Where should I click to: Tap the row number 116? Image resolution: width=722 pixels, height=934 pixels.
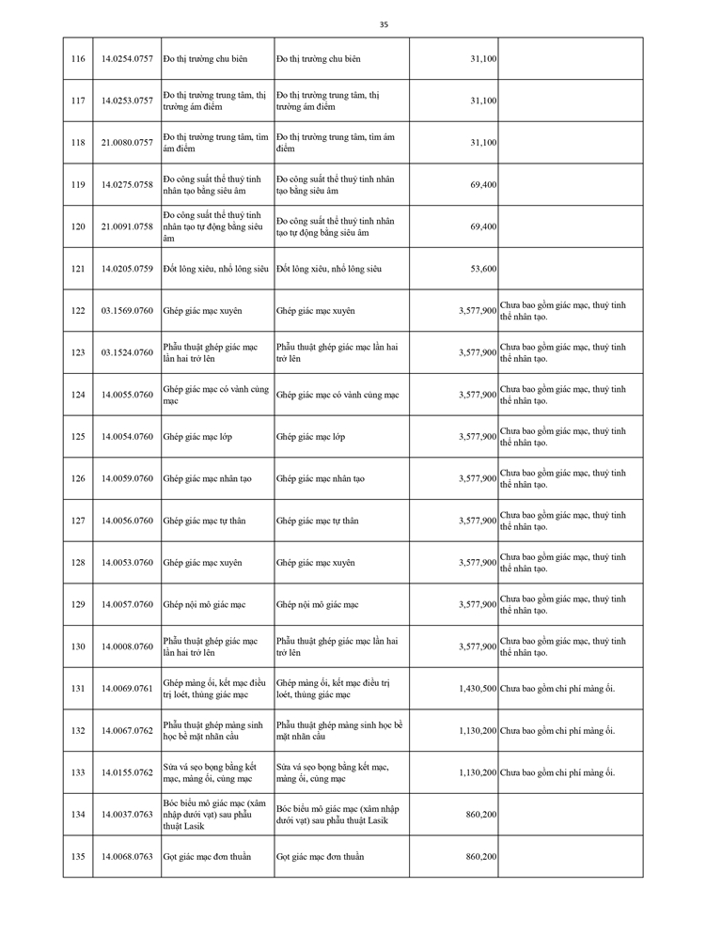point(78,59)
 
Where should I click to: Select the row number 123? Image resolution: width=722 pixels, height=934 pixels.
point(78,352)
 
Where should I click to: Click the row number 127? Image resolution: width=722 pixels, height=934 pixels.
point(78,521)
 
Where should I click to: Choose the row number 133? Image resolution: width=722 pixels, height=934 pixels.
point(78,772)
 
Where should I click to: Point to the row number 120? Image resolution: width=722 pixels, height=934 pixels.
point(78,226)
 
